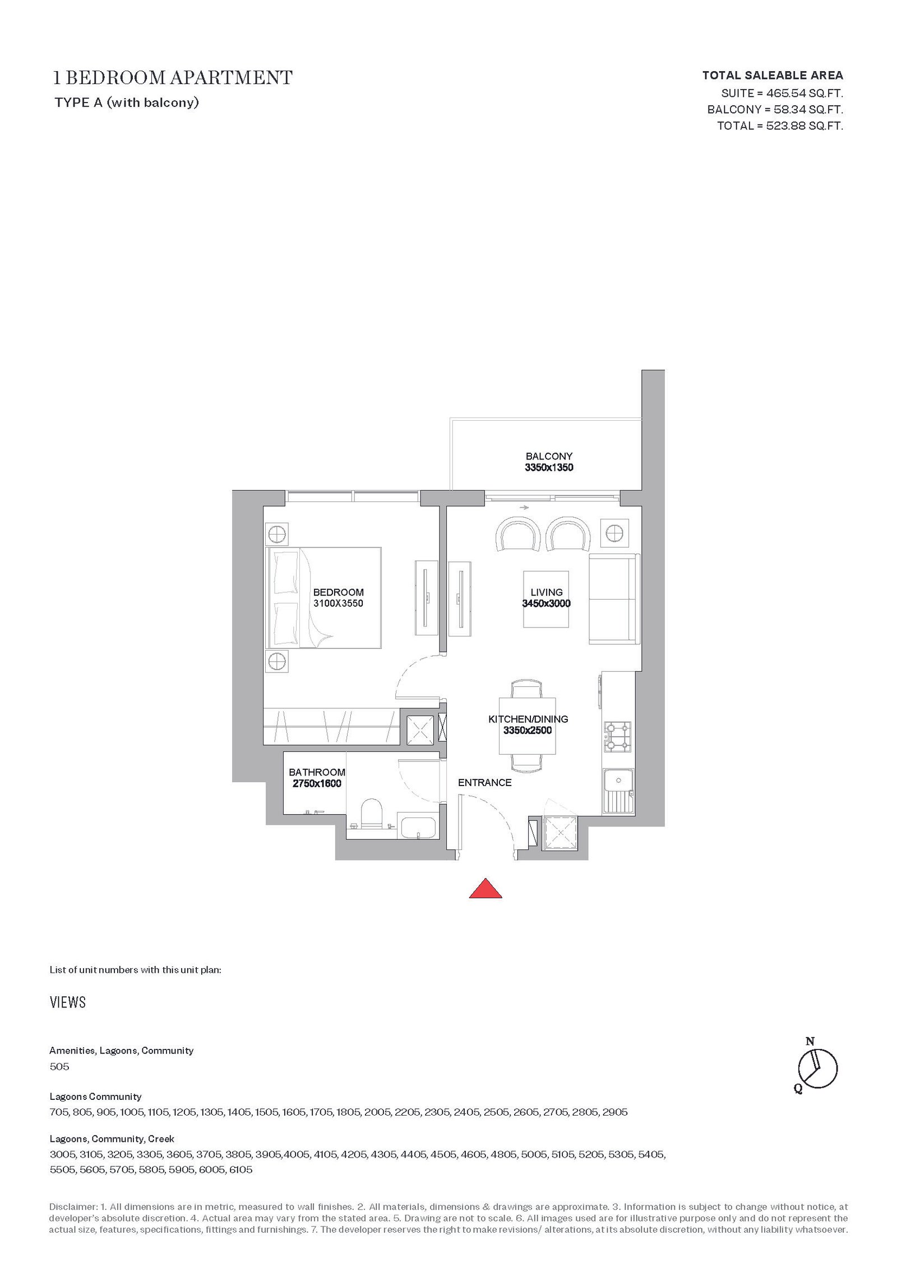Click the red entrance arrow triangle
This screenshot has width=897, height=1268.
pyautogui.click(x=485, y=889)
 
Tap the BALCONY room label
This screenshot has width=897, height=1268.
pyautogui.click(x=549, y=456)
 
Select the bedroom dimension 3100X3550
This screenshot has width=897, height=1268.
pyautogui.click(x=338, y=603)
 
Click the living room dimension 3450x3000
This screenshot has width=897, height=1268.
pyautogui.click(x=546, y=603)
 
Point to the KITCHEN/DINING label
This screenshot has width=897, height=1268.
pyautogui.click(x=528, y=719)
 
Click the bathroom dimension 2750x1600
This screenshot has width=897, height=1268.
pyautogui.click(x=317, y=784)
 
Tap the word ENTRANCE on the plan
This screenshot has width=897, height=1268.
pyautogui.click(x=485, y=783)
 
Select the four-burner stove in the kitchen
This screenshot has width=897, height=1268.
pyautogui.click(x=617, y=737)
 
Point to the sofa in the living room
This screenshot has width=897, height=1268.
pyautogui.click(x=613, y=599)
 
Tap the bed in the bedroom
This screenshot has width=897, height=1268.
pyautogui.click(x=325, y=598)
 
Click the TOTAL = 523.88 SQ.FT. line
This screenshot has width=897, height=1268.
pyautogui.click(x=780, y=126)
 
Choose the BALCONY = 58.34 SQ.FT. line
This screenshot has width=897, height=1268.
pyautogui.click(x=775, y=109)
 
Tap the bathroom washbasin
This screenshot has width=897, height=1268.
pyautogui.click(x=418, y=828)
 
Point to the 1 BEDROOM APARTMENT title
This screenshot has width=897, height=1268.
pyautogui.click(x=173, y=77)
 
